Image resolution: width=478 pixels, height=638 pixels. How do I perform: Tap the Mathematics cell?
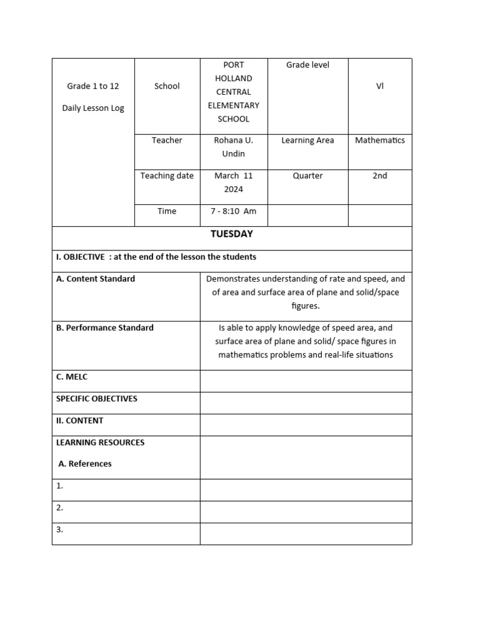[380, 140]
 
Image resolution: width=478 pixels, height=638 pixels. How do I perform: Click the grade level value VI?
[380, 86]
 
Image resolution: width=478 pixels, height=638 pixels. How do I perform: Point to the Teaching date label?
[167, 176]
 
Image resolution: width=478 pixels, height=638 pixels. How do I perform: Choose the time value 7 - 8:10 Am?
[233, 211]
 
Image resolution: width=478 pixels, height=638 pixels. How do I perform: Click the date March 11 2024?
[233, 183]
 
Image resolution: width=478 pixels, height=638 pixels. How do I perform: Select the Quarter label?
[307, 176]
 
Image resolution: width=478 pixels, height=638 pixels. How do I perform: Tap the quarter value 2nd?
[380, 176]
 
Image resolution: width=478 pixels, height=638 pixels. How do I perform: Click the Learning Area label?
[307, 140]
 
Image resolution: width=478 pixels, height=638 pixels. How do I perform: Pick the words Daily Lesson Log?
[93, 108]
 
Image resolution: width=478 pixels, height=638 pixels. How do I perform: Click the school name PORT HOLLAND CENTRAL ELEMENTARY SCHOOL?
[233, 92]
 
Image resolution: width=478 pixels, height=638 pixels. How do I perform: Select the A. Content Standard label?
[95, 279]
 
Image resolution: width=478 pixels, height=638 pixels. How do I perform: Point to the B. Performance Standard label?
[105, 328]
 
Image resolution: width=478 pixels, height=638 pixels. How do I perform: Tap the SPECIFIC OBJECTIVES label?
[96, 399]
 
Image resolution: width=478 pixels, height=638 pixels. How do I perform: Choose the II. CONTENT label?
[80, 421]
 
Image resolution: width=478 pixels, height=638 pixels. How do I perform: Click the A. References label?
[85, 464]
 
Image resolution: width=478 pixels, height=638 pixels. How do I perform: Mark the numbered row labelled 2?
[60, 508]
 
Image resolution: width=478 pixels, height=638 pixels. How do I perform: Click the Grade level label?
[307, 65]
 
